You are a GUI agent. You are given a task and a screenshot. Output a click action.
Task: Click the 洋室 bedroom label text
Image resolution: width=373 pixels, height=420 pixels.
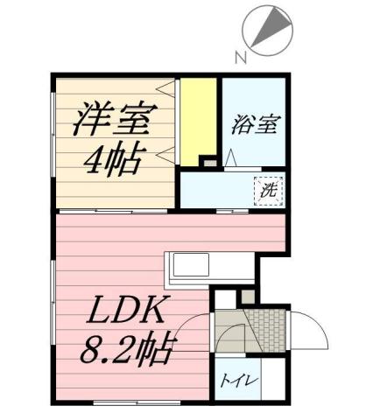point(116,120)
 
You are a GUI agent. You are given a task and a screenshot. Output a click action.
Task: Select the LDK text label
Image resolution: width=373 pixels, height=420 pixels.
point(128,311)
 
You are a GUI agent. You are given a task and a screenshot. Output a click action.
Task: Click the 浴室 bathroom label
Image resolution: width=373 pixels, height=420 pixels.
point(255,125)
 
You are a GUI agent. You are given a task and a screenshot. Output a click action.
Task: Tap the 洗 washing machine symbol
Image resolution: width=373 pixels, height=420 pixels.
point(269,189)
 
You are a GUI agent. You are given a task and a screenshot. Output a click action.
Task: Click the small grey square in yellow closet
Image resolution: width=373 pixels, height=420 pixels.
point(208,162)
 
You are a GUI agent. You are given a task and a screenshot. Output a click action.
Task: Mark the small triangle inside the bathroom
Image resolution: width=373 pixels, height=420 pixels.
point(229,158)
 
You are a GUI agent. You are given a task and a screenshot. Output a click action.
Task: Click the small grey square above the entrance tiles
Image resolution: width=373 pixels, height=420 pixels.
point(246,297)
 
